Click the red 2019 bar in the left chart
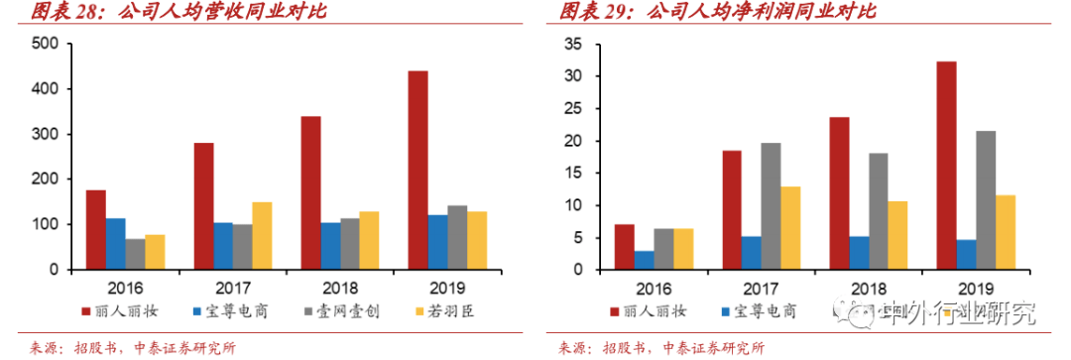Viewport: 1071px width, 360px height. click(x=417, y=170)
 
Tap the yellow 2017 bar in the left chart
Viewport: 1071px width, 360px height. click(x=262, y=236)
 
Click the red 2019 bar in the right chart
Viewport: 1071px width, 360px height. click(x=946, y=166)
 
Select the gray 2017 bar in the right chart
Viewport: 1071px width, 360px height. click(x=770, y=206)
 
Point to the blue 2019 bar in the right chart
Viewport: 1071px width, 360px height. click(x=966, y=255)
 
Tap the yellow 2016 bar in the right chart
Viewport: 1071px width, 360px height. click(x=683, y=249)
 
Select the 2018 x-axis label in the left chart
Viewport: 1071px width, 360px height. click(x=339, y=287)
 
